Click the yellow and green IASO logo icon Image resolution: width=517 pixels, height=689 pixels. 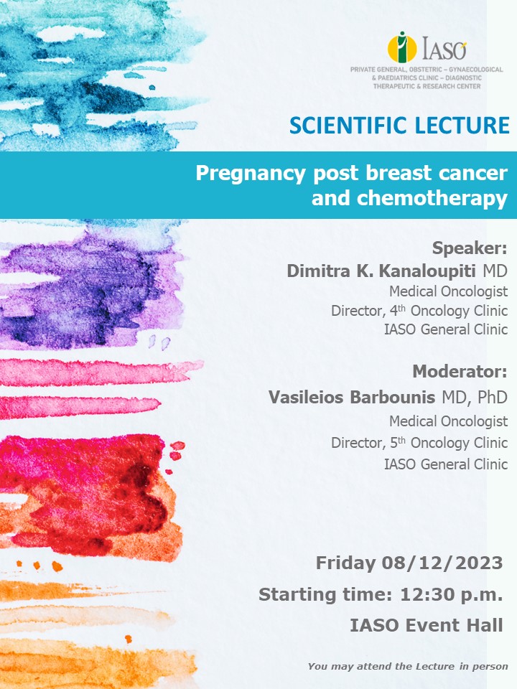[402, 47]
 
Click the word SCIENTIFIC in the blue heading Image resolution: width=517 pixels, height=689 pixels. [349, 125]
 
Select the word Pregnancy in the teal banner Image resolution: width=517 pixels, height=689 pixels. [250, 174]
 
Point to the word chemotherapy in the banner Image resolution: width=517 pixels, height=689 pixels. [432, 199]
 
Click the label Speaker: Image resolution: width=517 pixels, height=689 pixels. [470, 248]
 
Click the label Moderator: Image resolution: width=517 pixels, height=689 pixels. [460, 372]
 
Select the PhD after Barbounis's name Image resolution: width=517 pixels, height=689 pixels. [493, 397]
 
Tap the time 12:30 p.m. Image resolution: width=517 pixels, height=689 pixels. [451, 594]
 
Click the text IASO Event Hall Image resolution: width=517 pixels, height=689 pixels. [427, 625]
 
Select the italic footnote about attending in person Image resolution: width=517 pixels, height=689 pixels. [408, 666]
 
